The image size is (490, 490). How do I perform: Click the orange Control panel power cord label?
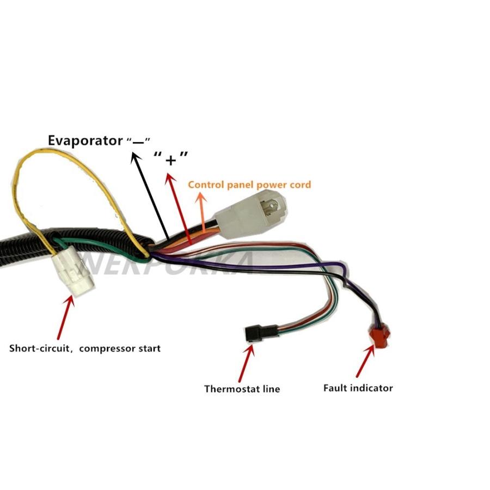point(249,185)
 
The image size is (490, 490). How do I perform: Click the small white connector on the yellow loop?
point(73,273)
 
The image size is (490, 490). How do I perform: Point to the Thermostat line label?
point(242,389)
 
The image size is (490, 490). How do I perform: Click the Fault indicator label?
point(358,388)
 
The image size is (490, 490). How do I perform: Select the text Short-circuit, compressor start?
point(85,348)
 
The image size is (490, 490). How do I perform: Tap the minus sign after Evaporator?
point(138,141)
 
